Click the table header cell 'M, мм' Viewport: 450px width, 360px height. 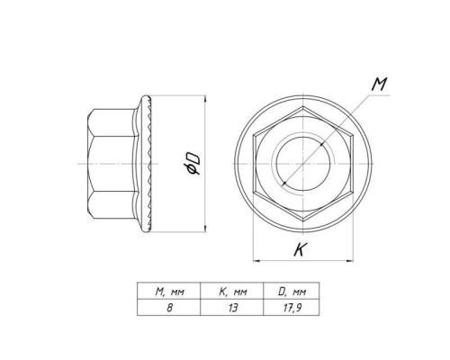[x=168, y=291]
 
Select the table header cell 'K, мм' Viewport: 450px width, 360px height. [x=231, y=291]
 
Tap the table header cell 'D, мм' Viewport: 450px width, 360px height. [x=292, y=291]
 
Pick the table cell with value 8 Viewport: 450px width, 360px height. [x=168, y=307]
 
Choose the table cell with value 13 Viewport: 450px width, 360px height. [x=231, y=307]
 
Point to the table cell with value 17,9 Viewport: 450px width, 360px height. [x=292, y=307]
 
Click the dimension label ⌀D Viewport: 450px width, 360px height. [x=193, y=164]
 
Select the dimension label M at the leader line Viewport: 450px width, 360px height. [x=379, y=84]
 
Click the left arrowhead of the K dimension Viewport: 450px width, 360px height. [x=256, y=260]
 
